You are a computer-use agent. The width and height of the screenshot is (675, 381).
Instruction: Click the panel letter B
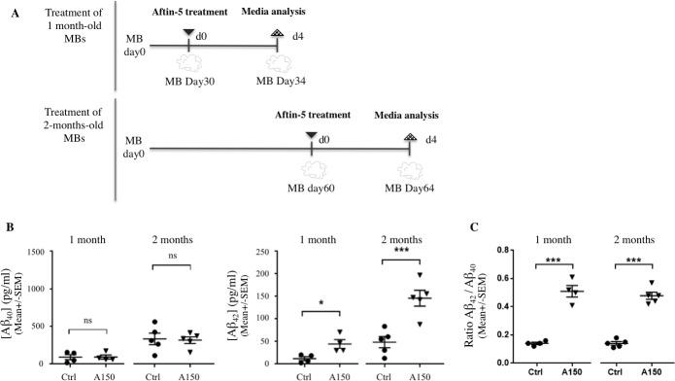point(9,225)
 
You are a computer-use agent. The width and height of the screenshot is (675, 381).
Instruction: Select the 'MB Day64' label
point(410,185)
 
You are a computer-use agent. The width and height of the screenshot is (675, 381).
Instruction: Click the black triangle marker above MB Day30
point(188,32)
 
